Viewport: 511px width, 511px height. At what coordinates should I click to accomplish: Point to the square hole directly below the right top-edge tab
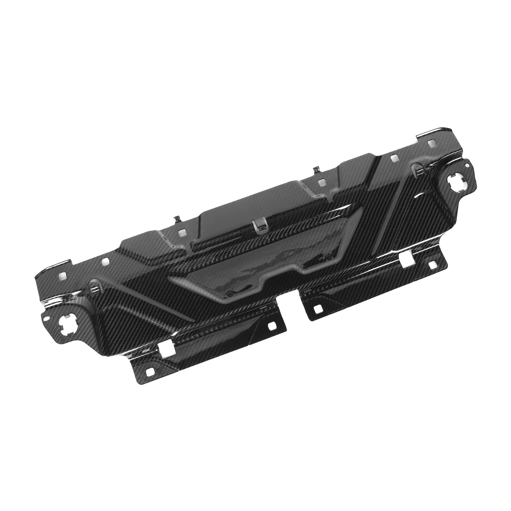[x=321, y=183]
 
